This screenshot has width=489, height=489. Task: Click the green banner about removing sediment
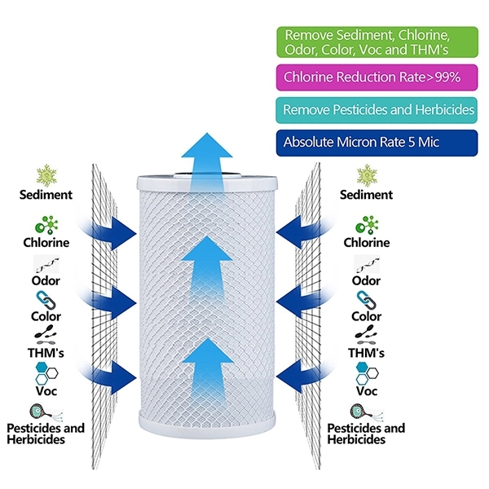(x=377, y=42)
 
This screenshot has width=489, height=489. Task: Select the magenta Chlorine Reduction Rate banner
(x=377, y=78)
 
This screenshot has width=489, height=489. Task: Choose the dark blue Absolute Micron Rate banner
(x=377, y=143)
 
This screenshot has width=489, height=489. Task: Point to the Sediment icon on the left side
(x=46, y=174)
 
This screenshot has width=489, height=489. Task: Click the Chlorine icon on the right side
(x=367, y=225)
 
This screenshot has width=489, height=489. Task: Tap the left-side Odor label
(x=46, y=280)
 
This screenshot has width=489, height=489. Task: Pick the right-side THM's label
(x=367, y=354)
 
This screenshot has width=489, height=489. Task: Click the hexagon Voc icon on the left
(x=46, y=372)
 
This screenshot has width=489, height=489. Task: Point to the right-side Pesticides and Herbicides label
(x=367, y=434)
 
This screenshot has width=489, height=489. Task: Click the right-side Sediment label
(x=367, y=196)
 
